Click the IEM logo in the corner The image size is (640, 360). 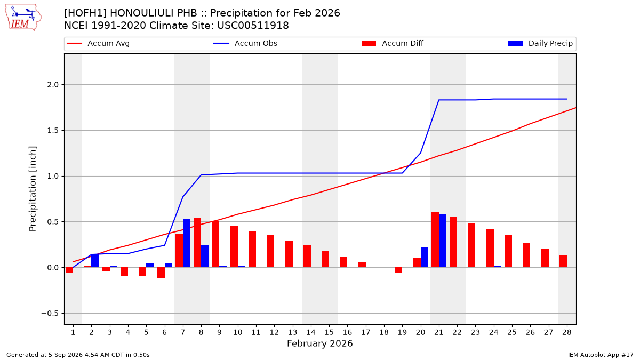pos(23,18)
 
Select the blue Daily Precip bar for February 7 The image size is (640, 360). pos(187,243)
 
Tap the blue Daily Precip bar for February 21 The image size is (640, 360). pos(443,241)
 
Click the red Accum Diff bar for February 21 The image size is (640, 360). pos(435,239)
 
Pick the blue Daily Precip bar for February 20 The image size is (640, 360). pos(425,257)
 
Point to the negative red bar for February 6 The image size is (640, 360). pos(161,273)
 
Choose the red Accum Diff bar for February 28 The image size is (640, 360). pos(563,261)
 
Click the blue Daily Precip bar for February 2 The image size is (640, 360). pos(95,261)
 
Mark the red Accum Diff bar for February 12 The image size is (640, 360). pos(270,251)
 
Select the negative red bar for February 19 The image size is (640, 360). pos(398,270)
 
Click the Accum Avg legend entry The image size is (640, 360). pos(98,43)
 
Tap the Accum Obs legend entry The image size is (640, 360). pos(245,43)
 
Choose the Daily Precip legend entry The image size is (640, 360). pos(540,43)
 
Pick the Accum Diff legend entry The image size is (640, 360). pos(393,43)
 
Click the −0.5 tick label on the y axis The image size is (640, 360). pos(50,314)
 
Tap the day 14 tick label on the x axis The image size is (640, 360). pos(311,332)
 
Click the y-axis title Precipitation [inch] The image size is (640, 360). pos(33,189)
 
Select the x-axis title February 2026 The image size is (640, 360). pos(319,343)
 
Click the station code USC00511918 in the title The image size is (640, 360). pos(253,26)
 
